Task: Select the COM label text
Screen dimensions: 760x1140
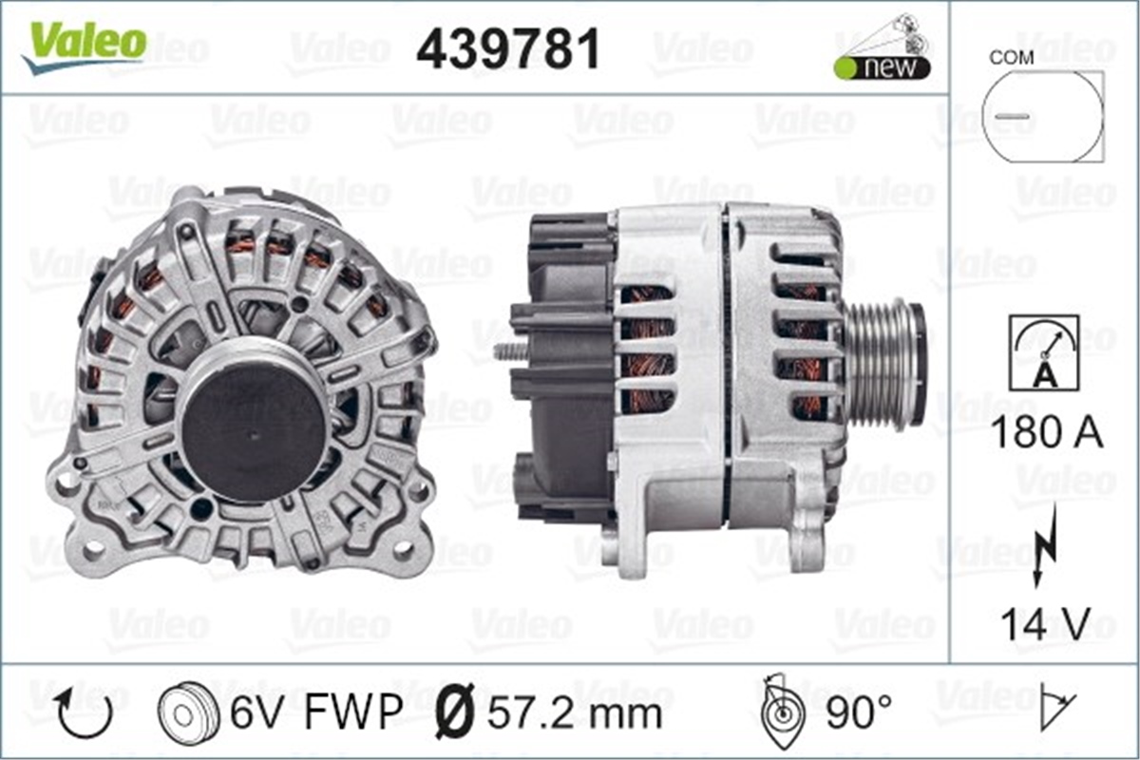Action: click(1012, 57)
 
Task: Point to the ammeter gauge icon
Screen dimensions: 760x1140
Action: click(1044, 351)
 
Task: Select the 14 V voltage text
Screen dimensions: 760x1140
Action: click(1045, 624)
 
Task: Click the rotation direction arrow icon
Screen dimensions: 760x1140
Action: click(85, 712)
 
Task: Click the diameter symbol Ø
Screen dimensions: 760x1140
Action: click(455, 712)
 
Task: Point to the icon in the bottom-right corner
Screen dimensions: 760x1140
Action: click(1055, 707)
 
